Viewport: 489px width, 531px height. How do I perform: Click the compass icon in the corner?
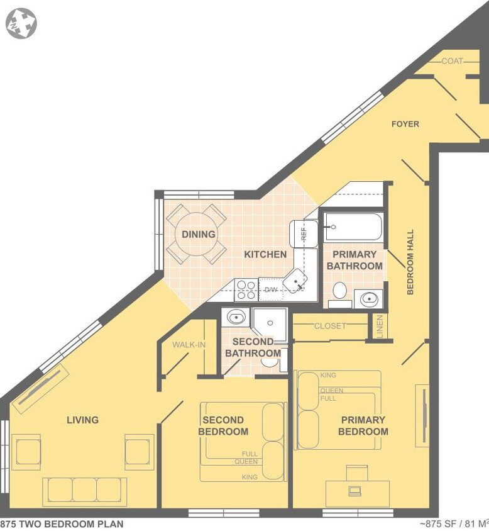click(x=21, y=23)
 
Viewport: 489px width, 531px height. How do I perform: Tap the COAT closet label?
click(x=453, y=61)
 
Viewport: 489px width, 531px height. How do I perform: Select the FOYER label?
click(x=405, y=124)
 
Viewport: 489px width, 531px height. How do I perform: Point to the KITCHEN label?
click(x=265, y=254)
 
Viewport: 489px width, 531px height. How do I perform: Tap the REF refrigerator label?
click(x=304, y=233)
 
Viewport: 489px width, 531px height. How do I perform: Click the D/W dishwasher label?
click(x=271, y=290)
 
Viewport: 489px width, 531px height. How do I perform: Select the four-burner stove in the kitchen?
click(x=246, y=289)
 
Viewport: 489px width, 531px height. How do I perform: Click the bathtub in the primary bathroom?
click(x=353, y=227)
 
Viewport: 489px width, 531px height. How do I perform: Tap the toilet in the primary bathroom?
click(x=340, y=291)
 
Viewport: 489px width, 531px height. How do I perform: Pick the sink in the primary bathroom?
click(x=368, y=298)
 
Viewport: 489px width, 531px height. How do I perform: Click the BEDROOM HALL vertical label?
click(x=410, y=262)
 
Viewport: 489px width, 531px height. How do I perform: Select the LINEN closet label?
click(x=380, y=326)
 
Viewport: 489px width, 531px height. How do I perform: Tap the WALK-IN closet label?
click(x=189, y=344)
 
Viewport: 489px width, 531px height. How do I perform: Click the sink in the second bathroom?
click(x=236, y=317)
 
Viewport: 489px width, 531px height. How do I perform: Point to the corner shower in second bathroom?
click(x=270, y=323)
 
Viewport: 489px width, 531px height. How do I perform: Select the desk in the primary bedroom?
click(x=357, y=492)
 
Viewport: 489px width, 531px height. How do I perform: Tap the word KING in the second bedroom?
click(x=250, y=478)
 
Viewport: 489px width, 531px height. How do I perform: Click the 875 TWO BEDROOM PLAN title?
click(x=62, y=523)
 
